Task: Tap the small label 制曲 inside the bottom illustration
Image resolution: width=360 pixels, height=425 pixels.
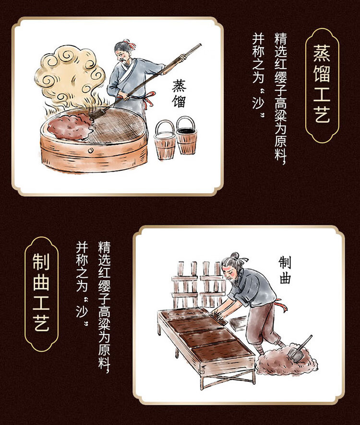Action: (x=285, y=270)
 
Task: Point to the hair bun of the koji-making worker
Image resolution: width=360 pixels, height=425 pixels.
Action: (x=234, y=256)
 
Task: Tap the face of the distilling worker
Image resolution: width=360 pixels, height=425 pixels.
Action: (x=122, y=56)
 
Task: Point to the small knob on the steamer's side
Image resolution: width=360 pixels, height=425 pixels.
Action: (x=90, y=150)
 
